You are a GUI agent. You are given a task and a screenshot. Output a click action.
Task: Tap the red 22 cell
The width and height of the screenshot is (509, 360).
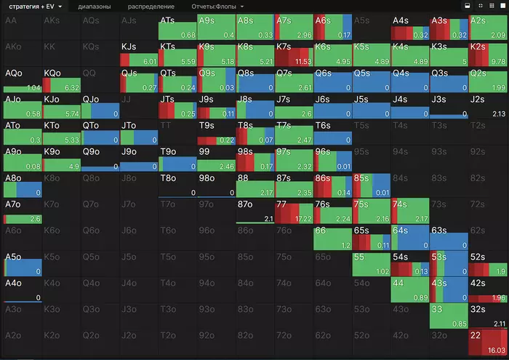click(486, 340)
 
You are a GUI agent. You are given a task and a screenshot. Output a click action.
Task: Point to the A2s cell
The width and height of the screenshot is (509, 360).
click(486, 28)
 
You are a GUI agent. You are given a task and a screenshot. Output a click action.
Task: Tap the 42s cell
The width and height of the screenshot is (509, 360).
click(486, 289)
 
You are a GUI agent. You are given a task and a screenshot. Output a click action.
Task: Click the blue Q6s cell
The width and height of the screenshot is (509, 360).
click(332, 80)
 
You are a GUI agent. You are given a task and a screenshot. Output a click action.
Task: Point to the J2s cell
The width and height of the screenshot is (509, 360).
click(486, 105)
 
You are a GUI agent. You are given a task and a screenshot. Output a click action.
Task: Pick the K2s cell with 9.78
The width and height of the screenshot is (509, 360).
click(486, 54)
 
